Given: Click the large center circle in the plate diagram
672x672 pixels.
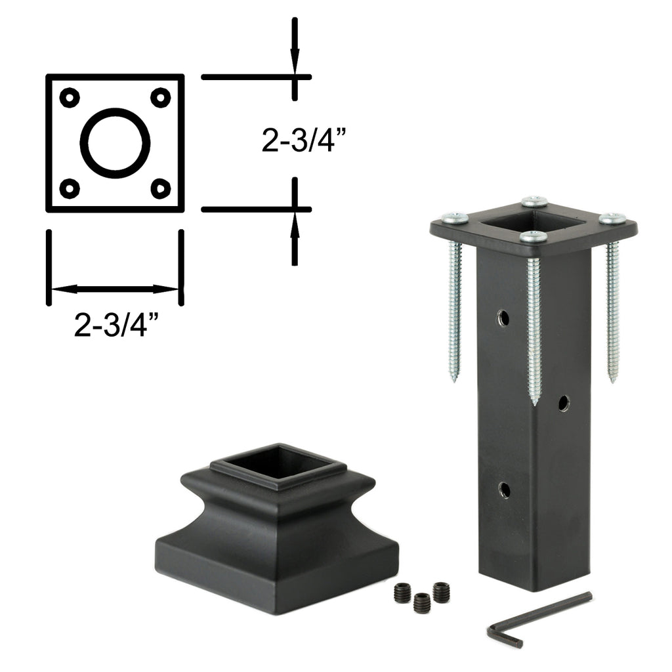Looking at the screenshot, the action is click(x=81, y=142).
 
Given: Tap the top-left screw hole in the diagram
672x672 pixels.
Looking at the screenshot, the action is click(x=70, y=98).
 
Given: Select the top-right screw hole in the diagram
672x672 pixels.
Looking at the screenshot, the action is click(x=161, y=98).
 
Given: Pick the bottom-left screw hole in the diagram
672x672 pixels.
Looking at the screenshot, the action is click(x=70, y=188).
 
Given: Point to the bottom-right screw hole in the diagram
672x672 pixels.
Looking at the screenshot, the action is click(x=161, y=188).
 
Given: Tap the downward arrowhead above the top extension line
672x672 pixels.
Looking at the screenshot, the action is click(x=295, y=62).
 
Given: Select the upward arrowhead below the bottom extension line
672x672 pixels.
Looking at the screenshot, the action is click(x=295, y=225).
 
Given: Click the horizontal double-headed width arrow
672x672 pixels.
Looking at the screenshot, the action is click(x=115, y=289).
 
